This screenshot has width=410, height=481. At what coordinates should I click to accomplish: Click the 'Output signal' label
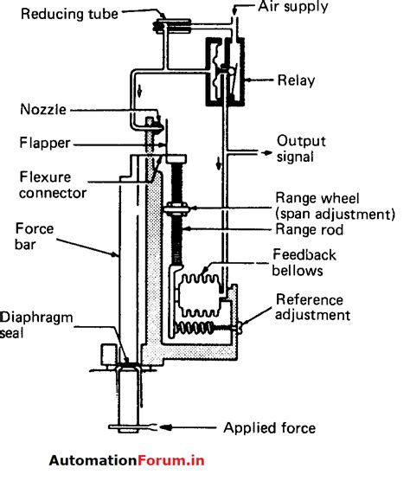point(304,148)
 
